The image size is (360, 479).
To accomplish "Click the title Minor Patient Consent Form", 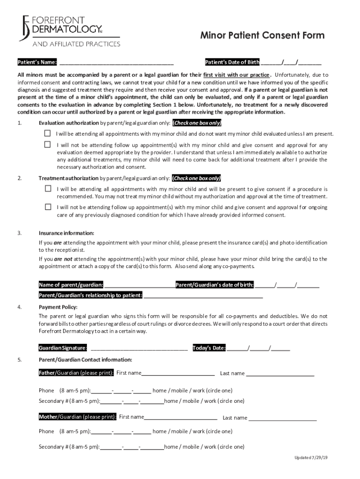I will tap(262, 36).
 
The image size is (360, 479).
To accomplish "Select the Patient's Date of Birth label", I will tap(232, 62).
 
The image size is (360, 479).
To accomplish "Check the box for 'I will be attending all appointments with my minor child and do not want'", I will tap(47, 133).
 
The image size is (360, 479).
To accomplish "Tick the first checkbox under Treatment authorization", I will tap(48, 189).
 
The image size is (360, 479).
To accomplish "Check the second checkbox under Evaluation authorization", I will tap(47, 145).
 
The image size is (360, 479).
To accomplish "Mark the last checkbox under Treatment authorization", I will tap(48, 206).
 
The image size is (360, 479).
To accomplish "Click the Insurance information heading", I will tap(66, 233).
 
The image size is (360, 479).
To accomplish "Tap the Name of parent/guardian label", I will tap(71, 284).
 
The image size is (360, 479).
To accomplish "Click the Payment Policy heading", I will tap(58, 307).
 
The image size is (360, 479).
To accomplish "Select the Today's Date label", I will tap(209, 348).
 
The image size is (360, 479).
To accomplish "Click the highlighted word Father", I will tap(47, 373).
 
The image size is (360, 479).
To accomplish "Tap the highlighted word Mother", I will tap(48, 417).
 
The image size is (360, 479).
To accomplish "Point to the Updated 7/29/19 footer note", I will tap(311, 457).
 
